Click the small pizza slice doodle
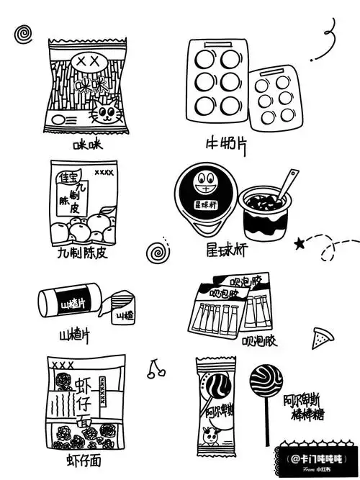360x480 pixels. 320,336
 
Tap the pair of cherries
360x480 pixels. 155,369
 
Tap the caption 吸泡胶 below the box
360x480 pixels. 258,339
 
